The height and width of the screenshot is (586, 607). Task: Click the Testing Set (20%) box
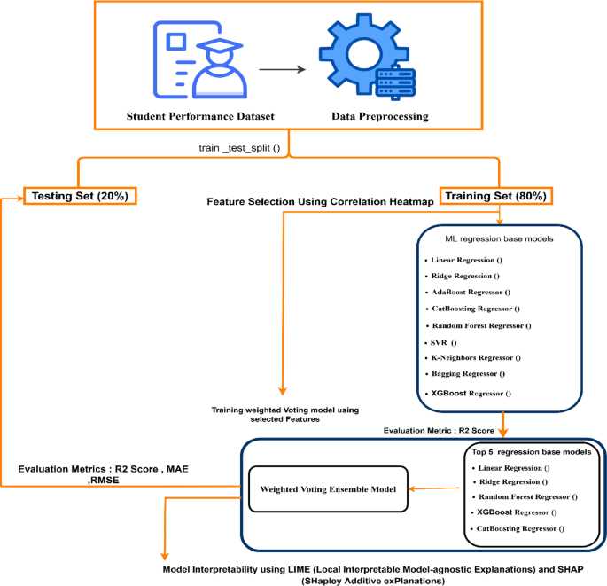[x=80, y=196]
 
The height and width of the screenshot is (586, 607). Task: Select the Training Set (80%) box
[x=496, y=196]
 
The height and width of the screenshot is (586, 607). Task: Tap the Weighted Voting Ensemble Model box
[x=328, y=489]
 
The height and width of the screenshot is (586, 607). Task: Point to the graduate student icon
[x=199, y=59]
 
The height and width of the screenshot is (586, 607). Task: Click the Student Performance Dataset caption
[x=200, y=116]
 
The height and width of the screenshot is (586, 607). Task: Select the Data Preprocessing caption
[x=380, y=116]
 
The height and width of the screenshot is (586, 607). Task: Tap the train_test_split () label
[x=239, y=148]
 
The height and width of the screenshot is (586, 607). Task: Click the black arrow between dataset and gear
[x=282, y=69]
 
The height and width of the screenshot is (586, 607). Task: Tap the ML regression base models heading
[x=499, y=238]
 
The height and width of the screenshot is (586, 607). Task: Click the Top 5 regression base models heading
[x=532, y=452]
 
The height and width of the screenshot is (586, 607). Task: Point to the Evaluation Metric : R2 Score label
[x=439, y=431]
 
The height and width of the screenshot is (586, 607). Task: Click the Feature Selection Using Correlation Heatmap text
[x=320, y=202]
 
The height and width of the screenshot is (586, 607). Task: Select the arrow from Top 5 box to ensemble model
[x=434, y=488]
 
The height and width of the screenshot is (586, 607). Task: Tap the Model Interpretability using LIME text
[x=373, y=575]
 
